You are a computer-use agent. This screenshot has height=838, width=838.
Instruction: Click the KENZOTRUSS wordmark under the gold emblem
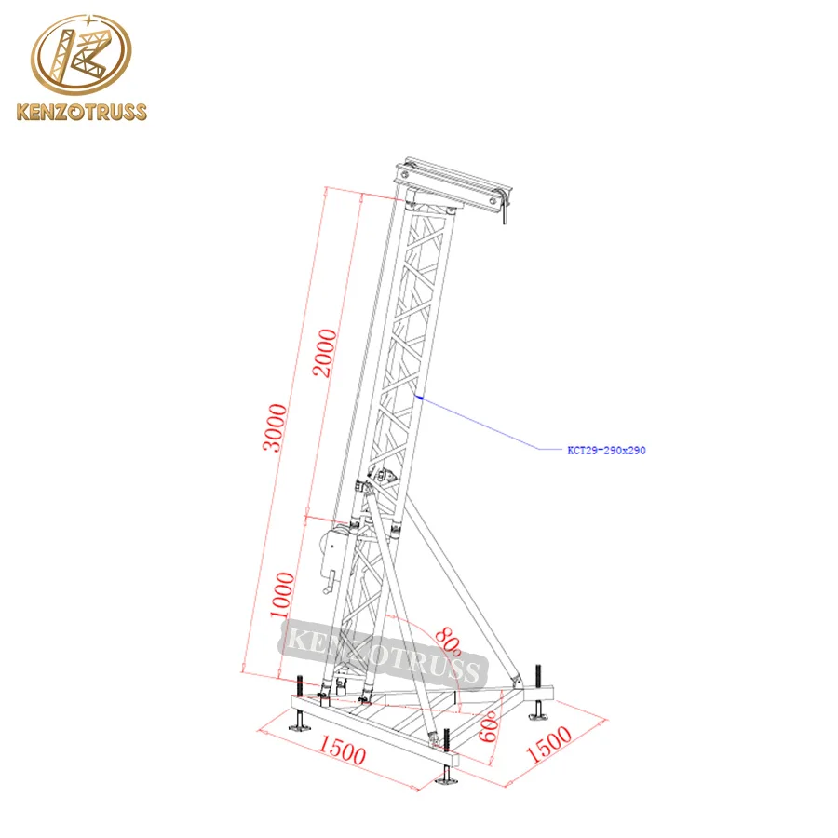click(82, 114)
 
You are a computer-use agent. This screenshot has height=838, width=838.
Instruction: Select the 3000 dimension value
click(273, 427)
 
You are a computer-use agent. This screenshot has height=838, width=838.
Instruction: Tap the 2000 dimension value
click(323, 352)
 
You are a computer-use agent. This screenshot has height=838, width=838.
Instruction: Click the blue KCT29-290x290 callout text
click(606, 450)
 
